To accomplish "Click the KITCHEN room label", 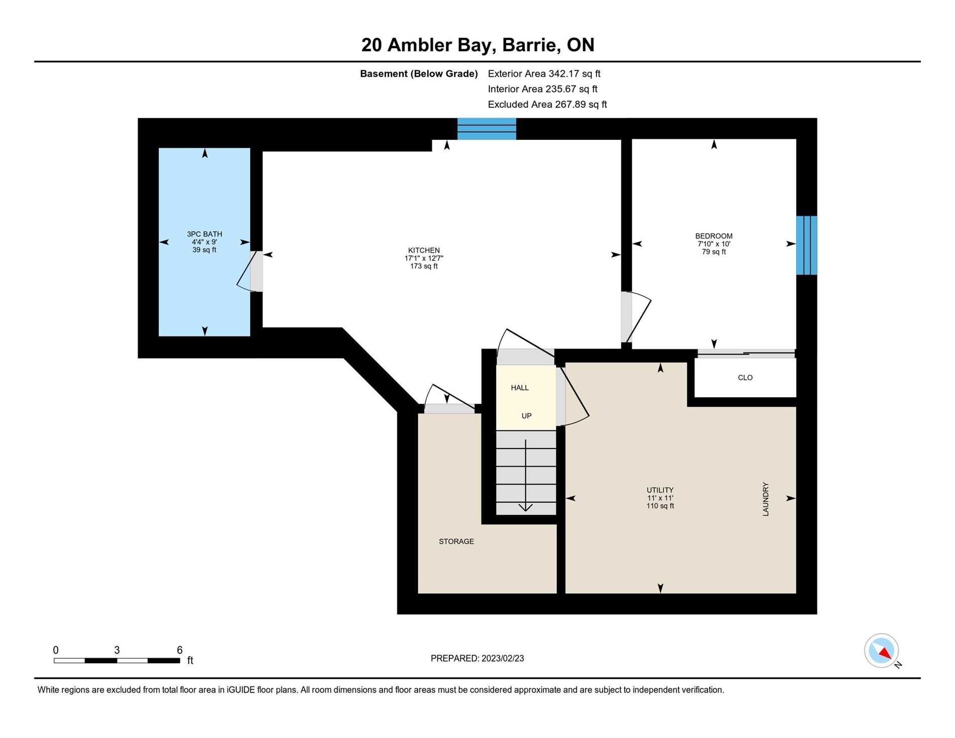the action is click(424, 250).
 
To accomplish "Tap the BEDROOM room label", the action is click(714, 236).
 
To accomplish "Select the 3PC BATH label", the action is click(205, 234).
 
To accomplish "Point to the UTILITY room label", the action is click(660, 490).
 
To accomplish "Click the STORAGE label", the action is click(456, 541).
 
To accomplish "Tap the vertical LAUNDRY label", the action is click(766, 499).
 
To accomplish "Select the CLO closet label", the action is click(745, 378).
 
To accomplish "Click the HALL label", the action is click(520, 388).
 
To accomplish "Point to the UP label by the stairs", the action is click(526, 416).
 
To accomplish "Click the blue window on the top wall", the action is click(487, 129).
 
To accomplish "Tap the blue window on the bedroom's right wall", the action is click(807, 245).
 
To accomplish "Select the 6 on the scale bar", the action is click(179, 650).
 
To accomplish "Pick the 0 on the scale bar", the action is click(56, 650).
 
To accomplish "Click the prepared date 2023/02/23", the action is click(503, 659).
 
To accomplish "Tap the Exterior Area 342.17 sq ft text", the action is click(544, 74).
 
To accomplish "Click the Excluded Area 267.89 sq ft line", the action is click(547, 105).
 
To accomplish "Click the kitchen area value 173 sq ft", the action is click(424, 266).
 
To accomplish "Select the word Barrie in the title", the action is click(531, 45).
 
